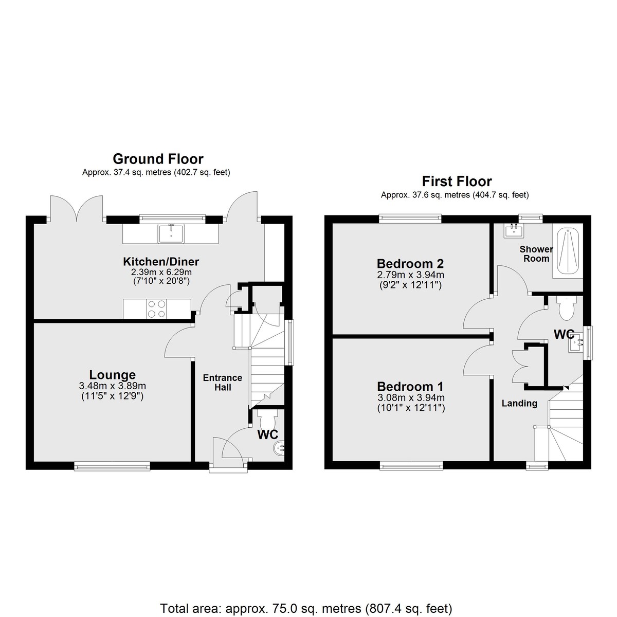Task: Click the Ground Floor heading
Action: click(158, 159)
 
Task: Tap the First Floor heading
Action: click(457, 182)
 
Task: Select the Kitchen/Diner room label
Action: click(161, 262)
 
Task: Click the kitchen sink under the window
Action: click(171, 233)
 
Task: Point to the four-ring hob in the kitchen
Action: click(157, 308)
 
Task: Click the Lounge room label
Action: click(113, 375)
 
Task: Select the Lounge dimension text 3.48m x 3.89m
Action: click(113, 386)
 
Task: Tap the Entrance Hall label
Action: click(223, 383)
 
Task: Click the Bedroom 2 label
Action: click(410, 264)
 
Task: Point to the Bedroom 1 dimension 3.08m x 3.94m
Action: click(411, 398)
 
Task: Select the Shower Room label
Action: click(536, 254)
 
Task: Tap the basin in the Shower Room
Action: click(514, 230)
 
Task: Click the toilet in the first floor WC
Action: click(566, 307)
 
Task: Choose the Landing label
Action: click(519, 404)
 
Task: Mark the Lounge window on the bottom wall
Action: click(112, 466)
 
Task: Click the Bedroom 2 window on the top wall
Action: click(410, 219)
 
